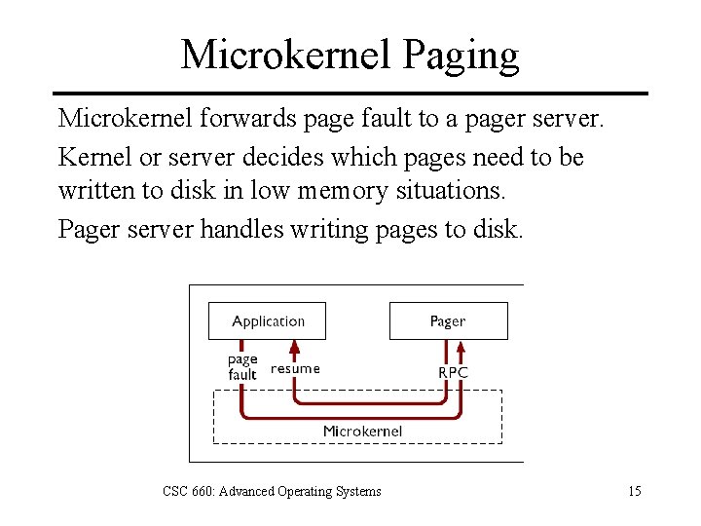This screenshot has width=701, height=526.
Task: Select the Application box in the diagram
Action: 268,320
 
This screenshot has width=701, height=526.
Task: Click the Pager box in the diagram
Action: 448,320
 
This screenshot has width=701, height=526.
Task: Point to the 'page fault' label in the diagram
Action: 242,367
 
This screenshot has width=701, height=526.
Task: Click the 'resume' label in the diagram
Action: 295,368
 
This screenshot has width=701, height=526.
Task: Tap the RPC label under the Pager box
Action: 453,372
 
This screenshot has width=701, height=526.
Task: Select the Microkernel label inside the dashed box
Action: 362,431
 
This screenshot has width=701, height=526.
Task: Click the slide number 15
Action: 634,491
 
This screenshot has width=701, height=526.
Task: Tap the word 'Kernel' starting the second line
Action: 91,156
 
